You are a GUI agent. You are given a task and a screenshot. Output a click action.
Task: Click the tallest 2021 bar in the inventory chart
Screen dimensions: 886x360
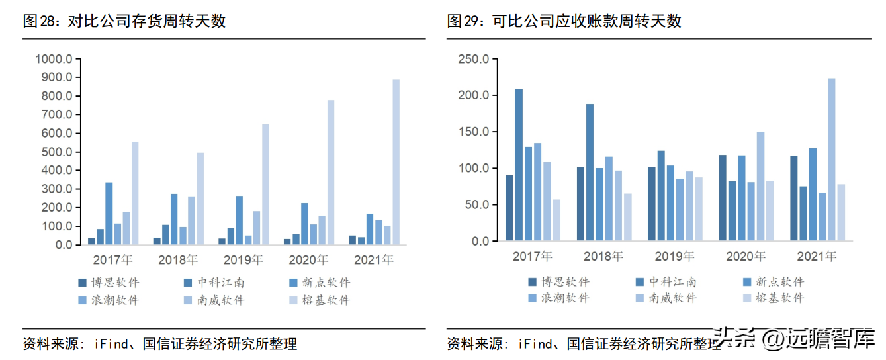tap(396, 162)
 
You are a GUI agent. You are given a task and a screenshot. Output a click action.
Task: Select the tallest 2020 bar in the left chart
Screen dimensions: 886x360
tap(331, 172)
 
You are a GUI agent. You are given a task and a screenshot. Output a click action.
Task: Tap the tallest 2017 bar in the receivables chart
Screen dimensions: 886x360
tap(519, 165)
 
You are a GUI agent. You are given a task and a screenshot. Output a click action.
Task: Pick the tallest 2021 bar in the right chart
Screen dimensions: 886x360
tap(832, 159)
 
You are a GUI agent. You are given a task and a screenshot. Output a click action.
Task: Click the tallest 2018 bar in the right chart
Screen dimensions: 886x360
tap(590, 172)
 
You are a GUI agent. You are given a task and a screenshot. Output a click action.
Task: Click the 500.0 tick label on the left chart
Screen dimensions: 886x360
tap(57, 152)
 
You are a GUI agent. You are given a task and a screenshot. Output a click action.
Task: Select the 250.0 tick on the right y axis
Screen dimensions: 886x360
tap(474, 59)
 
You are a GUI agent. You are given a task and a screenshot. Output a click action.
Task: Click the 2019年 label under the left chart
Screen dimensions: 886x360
tap(244, 260)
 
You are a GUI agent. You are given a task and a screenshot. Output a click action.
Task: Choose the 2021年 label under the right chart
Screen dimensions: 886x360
tap(817, 256)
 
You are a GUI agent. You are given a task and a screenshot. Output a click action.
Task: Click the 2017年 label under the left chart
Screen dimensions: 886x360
tap(112, 260)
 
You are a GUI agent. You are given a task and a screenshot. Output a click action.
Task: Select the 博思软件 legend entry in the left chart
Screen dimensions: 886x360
tap(109, 283)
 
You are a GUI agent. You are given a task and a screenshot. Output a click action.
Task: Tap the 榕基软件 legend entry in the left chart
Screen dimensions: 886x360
tap(320, 300)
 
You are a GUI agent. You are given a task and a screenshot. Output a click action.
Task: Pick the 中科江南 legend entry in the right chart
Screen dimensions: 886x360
tap(666, 282)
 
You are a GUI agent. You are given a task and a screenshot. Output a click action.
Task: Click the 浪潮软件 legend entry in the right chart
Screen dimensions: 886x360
tap(559, 298)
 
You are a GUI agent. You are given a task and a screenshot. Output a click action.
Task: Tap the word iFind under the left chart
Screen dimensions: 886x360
tap(111, 343)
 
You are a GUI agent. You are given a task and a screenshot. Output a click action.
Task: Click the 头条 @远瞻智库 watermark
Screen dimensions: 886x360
tap(795, 339)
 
